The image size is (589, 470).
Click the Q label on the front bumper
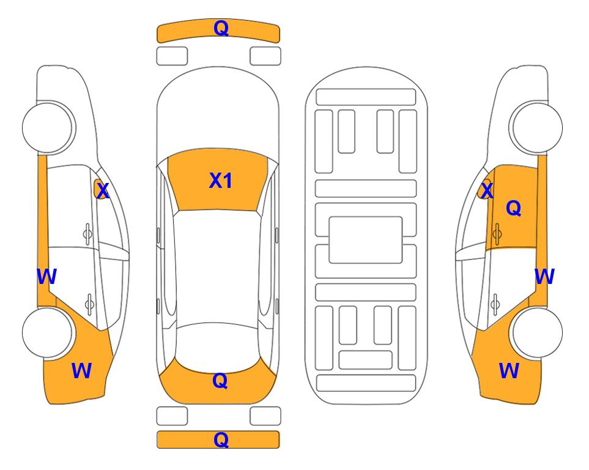[x=221, y=28]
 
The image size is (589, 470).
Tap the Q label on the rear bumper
[x=221, y=439]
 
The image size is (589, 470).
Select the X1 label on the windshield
[x=221, y=181]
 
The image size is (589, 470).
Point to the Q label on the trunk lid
[x=220, y=381]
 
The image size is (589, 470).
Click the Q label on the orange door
[x=514, y=208]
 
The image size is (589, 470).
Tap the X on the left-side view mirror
[x=102, y=191]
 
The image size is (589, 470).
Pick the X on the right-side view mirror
[x=487, y=191]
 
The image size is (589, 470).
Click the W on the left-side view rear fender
[x=81, y=371]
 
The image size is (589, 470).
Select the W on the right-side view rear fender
[x=509, y=371]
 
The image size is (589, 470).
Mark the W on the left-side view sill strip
[x=46, y=277]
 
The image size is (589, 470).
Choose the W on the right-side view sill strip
[x=544, y=277]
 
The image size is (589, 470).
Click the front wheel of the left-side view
[x=48, y=127]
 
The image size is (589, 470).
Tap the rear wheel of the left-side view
[x=47, y=332]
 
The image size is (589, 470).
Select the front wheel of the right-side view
[x=536, y=127]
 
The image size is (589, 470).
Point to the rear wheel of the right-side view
[x=537, y=332]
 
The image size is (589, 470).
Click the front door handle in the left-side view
[x=87, y=234]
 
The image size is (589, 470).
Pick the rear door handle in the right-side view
[x=495, y=304]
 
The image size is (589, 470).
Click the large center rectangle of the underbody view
[x=366, y=240]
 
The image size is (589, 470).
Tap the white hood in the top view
[x=218, y=113]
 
